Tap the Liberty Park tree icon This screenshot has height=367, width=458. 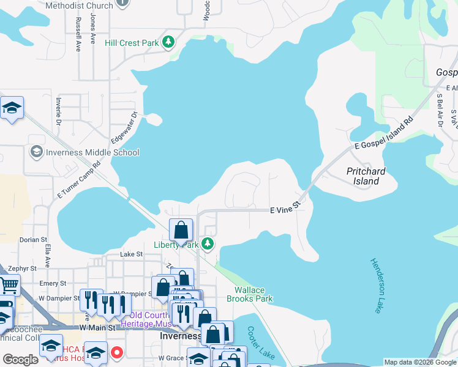click(208, 244)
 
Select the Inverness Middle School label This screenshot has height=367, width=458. click(92, 152)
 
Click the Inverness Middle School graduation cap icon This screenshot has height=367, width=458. click(36, 152)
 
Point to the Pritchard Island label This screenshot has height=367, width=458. click(371, 176)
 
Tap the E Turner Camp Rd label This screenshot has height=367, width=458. click(79, 180)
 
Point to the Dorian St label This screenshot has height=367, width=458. click(33, 240)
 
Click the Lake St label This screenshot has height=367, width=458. click(131, 254)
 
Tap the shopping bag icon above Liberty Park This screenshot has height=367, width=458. click(181, 231)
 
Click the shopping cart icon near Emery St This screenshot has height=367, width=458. click(9, 284)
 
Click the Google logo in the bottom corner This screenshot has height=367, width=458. click(20, 360)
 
